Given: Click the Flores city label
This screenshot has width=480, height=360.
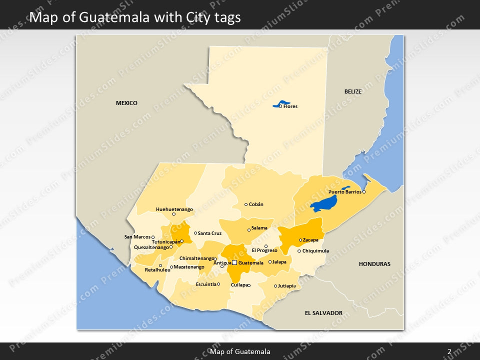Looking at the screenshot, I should coord(290,106).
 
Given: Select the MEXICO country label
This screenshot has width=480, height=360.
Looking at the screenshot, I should coord(126,103).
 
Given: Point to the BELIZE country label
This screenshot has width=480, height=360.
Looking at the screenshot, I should coord(352,91).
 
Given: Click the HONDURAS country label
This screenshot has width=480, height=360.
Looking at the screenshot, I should coord(374,264).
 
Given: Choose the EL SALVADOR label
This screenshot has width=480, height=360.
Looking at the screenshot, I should coord(323,313).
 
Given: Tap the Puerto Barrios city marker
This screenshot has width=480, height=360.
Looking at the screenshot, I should coord(364,192).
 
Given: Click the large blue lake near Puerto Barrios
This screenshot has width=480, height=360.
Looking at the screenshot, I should coord(323,204).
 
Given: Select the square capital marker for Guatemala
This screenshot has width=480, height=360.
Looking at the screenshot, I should coord(234,262).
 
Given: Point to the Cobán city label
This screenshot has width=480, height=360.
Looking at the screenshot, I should coord(256,204).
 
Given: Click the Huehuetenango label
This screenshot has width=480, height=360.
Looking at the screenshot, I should coord(174,209).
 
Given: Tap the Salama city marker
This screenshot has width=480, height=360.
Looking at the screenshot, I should coord(249,230).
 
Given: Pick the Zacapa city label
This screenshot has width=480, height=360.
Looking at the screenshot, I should coord(310,240).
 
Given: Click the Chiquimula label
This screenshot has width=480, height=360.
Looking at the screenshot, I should coord(316,251).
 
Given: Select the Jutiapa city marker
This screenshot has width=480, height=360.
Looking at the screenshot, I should coord(275,286).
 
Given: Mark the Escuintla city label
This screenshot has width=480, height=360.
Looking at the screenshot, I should coord(206,284).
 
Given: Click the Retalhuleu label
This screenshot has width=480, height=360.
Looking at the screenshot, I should coord(157,270).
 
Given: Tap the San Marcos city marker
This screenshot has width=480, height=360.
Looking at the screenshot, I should coord(153,237).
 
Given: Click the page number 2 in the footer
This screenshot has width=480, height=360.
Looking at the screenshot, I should coord(449,351).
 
